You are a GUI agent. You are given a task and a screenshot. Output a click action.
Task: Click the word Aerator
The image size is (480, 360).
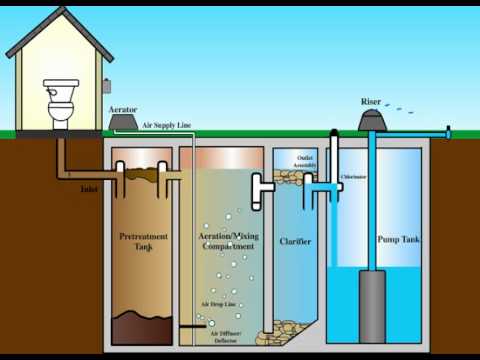pyautogui.click(x=122, y=107)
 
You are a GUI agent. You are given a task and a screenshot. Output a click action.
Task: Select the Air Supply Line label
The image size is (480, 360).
pyautogui.click(x=165, y=125)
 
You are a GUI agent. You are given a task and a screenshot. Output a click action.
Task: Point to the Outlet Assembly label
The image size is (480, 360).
pyautogui.click(x=304, y=163)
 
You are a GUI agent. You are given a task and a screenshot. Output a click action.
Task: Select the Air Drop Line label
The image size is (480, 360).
pyautogui.click(x=217, y=302)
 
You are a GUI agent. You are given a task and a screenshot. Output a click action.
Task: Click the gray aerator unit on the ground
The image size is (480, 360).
pyautogui.click(x=124, y=122)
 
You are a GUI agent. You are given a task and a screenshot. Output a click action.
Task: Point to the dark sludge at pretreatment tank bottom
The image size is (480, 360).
pyautogui.click(x=139, y=327)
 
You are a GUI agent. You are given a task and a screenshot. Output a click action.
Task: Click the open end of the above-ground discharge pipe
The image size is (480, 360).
pyautogui.click(x=448, y=131)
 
